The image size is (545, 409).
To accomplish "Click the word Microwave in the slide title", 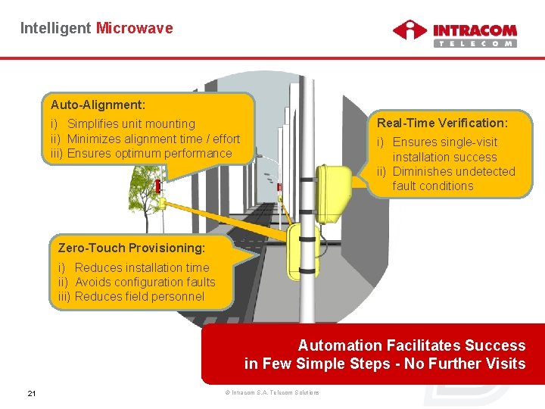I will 134,28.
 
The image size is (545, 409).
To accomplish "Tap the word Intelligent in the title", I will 55,28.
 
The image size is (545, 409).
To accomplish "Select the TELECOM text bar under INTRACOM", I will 475,43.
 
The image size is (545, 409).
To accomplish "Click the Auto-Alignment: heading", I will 98,104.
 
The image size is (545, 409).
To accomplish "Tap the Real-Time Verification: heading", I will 442,123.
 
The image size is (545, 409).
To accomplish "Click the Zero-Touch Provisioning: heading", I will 131,248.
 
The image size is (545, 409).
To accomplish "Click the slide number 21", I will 32,392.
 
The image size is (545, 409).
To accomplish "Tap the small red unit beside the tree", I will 158,186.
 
